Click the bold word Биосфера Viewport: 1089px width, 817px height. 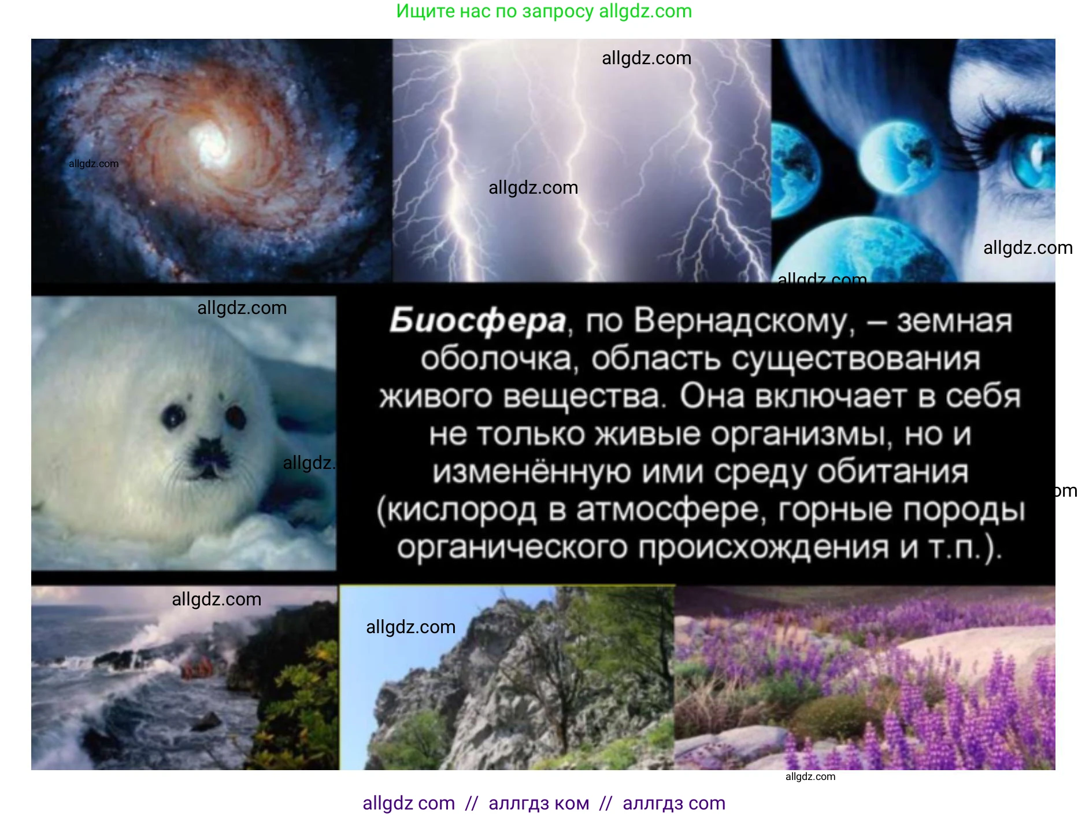(x=477, y=321)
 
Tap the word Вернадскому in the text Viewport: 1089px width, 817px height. (x=744, y=321)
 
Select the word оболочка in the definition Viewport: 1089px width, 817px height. (x=497, y=359)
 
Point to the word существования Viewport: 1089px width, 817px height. (x=855, y=359)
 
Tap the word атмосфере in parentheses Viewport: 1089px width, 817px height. (x=666, y=510)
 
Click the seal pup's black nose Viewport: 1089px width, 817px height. (x=209, y=452)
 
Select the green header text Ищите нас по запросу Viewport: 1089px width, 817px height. (x=495, y=11)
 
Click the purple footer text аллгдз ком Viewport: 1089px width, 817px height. (x=539, y=803)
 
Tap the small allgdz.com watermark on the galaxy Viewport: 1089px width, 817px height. (x=94, y=164)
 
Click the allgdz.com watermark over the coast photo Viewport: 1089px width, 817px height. (x=217, y=599)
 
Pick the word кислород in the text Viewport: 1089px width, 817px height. (x=462, y=510)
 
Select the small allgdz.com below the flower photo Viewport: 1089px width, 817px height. (x=810, y=777)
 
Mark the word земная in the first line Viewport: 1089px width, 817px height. (x=954, y=321)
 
